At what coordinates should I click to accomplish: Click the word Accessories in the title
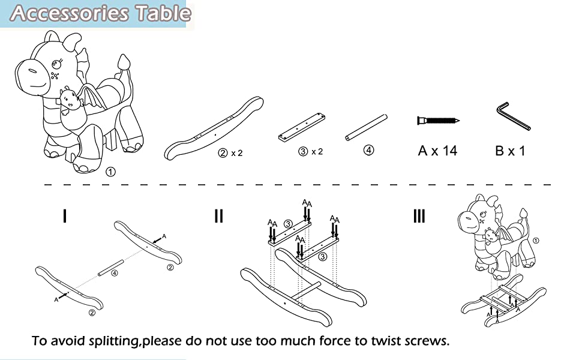coord(70,13)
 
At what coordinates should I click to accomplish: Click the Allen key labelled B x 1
coord(514,116)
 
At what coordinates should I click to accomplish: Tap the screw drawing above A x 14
coord(439,121)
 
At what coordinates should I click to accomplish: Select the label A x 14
coord(437,151)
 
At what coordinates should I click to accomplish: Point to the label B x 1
coord(510,151)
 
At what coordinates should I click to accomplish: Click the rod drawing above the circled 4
coord(367,127)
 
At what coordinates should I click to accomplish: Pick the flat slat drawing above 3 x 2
coord(302,127)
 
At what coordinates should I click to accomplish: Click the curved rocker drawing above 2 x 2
coord(214,128)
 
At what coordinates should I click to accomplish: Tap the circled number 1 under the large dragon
coord(110,172)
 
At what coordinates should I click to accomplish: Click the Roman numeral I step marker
coord(65,215)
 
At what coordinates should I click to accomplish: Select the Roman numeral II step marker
coord(219,215)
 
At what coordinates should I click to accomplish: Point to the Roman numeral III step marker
coord(419,215)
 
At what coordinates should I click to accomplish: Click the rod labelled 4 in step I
coord(110,268)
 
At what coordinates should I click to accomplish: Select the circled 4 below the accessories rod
coord(368,151)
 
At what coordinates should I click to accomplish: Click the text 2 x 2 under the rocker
coord(230,153)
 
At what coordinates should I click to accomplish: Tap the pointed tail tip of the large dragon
coord(123,56)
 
